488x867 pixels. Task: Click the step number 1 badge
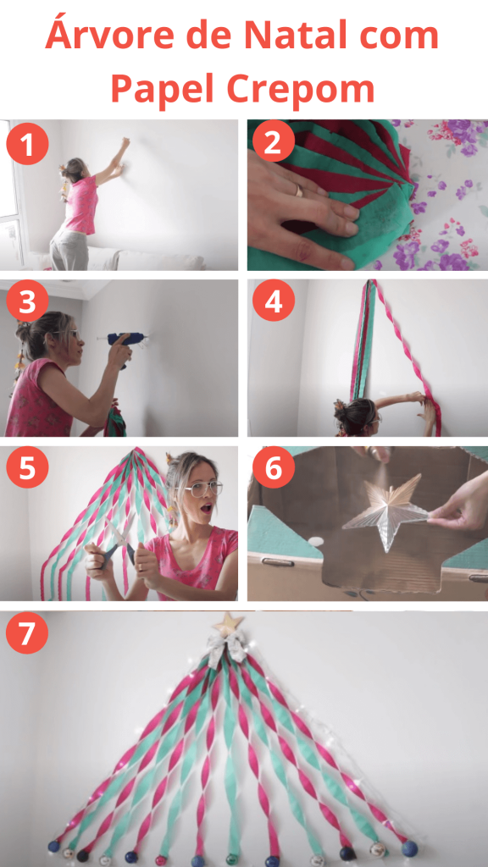click(27, 144)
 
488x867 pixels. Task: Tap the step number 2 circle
click(274, 141)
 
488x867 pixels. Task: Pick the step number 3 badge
click(27, 302)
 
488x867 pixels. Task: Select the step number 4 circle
click(274, 301)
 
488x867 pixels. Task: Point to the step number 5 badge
click(27, 467)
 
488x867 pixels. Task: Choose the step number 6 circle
click(274, 467)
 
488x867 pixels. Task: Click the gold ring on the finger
click(298, 191)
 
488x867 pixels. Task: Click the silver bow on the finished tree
click(227, 649)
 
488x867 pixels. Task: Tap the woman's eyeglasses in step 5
click(202, 489)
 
